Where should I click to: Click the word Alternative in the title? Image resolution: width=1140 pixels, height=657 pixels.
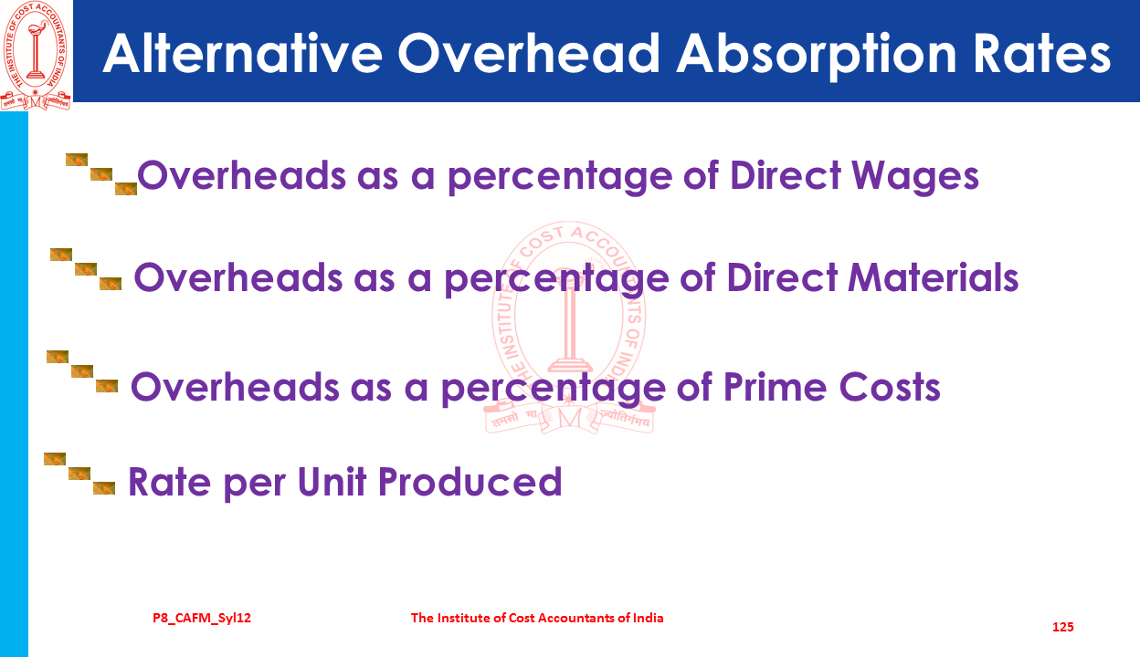point(243,54)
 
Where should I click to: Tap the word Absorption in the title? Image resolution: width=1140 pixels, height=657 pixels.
point(817,55)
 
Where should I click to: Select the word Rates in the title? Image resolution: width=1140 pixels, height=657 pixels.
point(1041,54)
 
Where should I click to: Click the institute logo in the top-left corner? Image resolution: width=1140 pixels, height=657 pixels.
point(36,55)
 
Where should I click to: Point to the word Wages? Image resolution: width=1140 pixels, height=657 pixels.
point(915,176)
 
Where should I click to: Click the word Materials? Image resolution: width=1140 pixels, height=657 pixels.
point(934,277)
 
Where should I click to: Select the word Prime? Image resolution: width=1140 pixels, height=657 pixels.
point(776,387)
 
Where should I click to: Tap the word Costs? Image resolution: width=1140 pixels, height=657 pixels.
point(890,387)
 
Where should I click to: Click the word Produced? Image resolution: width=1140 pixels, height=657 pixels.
point(470,481)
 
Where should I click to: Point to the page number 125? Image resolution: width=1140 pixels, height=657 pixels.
point(1062,627)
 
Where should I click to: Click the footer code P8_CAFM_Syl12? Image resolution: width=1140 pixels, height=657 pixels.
point(202,618)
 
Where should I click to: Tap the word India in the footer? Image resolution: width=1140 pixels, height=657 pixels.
point(648,618)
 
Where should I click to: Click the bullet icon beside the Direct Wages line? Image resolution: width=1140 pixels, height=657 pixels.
point(101,174)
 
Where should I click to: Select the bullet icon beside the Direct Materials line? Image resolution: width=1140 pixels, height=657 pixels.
point(86,269)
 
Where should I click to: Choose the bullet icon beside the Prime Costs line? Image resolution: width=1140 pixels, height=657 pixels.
point(82,371)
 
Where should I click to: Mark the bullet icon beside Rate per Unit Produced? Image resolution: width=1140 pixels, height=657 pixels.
point(79,474)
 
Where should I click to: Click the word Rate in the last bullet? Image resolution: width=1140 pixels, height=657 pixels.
point(170,482)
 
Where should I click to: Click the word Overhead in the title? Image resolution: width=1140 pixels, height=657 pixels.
point(529,54)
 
